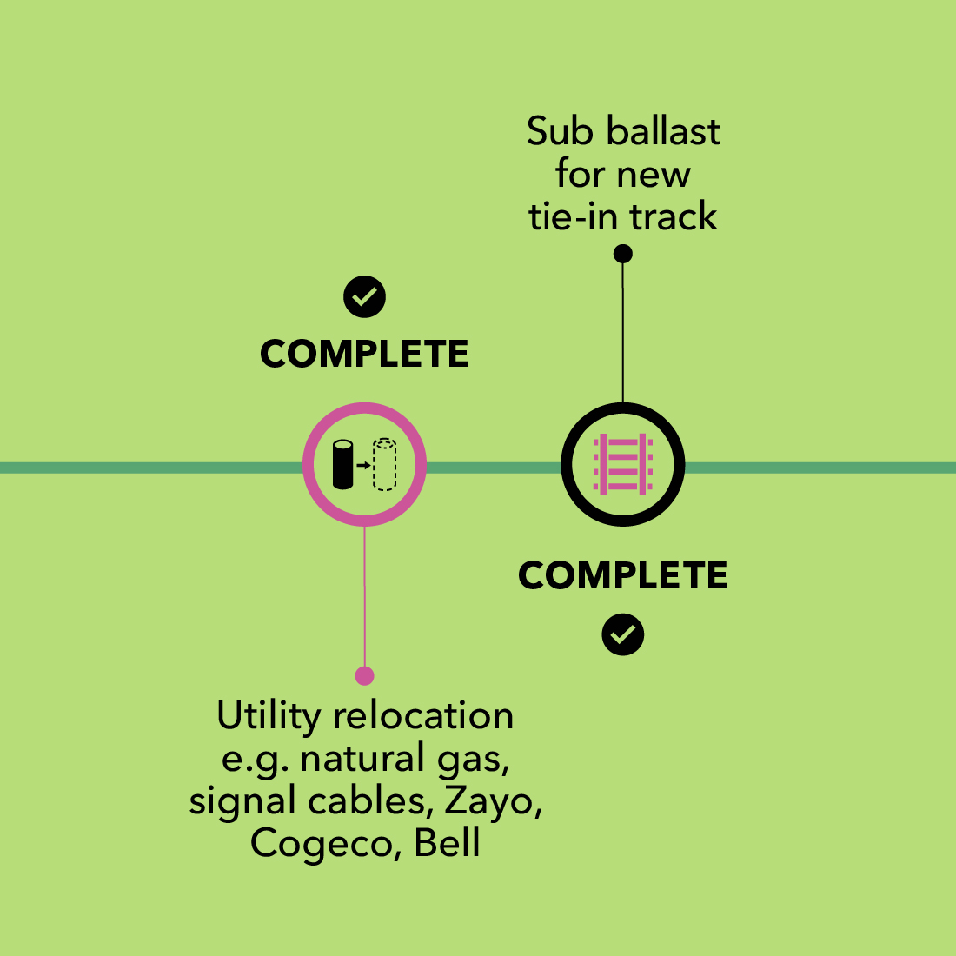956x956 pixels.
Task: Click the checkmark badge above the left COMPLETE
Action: click(364, 297)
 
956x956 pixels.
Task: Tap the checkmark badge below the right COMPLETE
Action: click(622, 634)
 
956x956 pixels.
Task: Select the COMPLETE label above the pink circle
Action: click(364, 354)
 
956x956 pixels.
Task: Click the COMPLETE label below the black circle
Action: click(622, 575)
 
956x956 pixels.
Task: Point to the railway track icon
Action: click(622, 464)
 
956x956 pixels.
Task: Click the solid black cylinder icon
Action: click(343, 465)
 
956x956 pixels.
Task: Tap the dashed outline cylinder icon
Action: click(384, 465)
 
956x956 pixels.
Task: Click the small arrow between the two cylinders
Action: click(363, 465)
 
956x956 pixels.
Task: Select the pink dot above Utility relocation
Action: click(364, 675)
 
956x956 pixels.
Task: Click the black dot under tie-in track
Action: click(622, 254)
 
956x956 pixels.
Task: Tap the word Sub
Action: click(560, 131)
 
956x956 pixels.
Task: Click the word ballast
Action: click(662, 131)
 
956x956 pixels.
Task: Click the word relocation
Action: click(423, 716)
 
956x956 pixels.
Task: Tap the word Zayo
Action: click(493, 801)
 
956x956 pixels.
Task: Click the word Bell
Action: click(447, 843)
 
